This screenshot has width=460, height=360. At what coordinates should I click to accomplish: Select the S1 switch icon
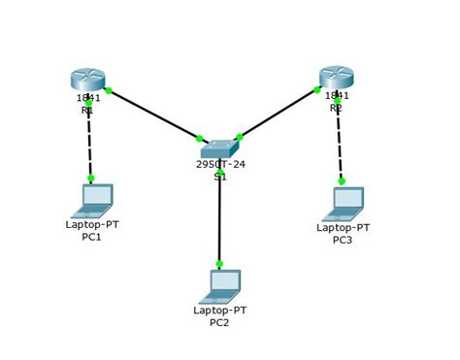(x=219, y=148)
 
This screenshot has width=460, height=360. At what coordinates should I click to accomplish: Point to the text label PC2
(x=219, y=322)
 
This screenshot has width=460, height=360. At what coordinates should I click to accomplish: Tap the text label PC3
(x=343, y=240)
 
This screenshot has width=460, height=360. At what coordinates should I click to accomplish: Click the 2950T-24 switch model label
(x=220, y=165)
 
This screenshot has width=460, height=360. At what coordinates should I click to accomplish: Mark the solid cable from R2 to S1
(x=279, y=114)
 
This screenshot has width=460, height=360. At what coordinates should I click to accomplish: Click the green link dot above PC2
(x=219, y=264)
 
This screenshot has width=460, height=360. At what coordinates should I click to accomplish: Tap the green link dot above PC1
(x=90, y=179)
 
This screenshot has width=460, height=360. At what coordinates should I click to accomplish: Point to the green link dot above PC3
(x=341, y=180)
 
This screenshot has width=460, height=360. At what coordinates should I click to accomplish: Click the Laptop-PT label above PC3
(x=343, y=227)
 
